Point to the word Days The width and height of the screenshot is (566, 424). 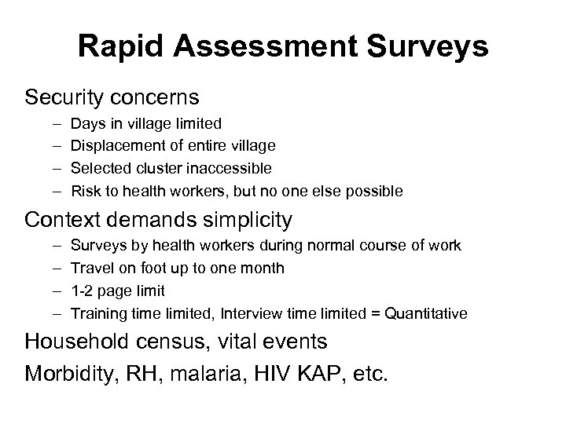click(x=88, y=123)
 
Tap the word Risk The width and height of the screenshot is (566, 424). click(x=86, y=191)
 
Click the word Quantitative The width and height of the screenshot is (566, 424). click(x=425, y=314)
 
